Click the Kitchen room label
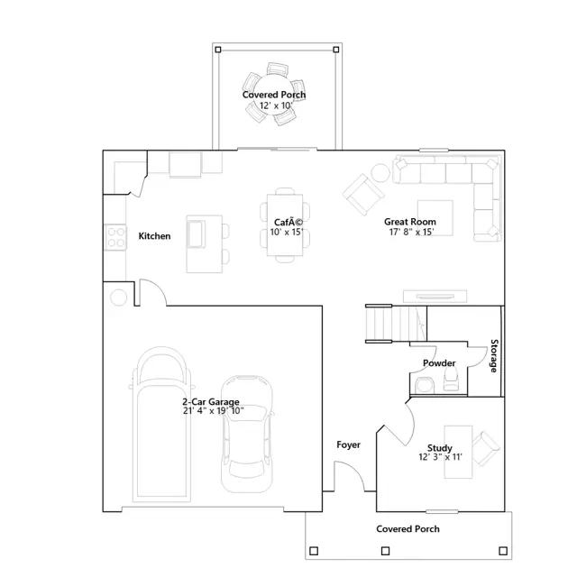click(x=154, y=236)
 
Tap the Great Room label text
click(x=410, y=222)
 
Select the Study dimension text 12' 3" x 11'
click(x=440, y=457)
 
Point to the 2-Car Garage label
click(x=211, y=401)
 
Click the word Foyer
click(x=348, y=444)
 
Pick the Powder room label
click(x=439, y=363)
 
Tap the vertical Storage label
click(x=494, y=356)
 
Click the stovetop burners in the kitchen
click(x=115, y=237)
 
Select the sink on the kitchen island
click(x=196, y=234)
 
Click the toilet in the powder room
click(x=451, y=379)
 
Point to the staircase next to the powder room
click(x=396, y=324)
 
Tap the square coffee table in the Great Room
click(x=435, y=218)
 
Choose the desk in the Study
click(x=458, y=452)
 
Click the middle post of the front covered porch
click(x=385, y=551)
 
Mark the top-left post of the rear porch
click(x=218, y=50)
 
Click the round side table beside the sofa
click(x=380, y=172)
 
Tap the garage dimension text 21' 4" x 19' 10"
click(x=214, y=411)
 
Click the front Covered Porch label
click(x=408, y=529)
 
